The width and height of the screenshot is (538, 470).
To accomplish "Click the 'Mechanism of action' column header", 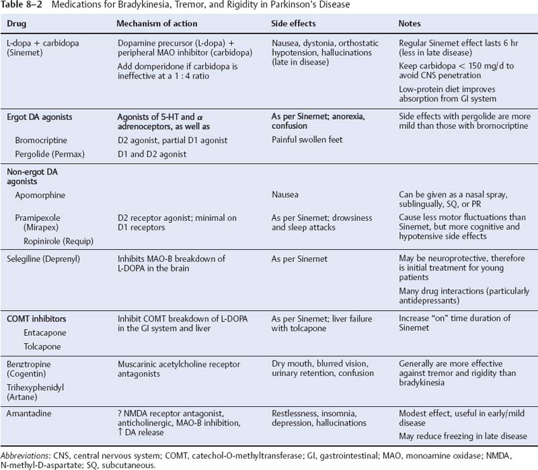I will pos(157,23).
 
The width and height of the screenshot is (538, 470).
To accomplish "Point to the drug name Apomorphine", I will pos(43,195).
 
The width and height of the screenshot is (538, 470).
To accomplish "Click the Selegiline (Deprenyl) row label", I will pos(44,258).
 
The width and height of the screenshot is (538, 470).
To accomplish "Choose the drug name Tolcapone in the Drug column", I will pos(38,347).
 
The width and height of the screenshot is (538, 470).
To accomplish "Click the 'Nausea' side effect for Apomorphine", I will pos(285,195).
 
